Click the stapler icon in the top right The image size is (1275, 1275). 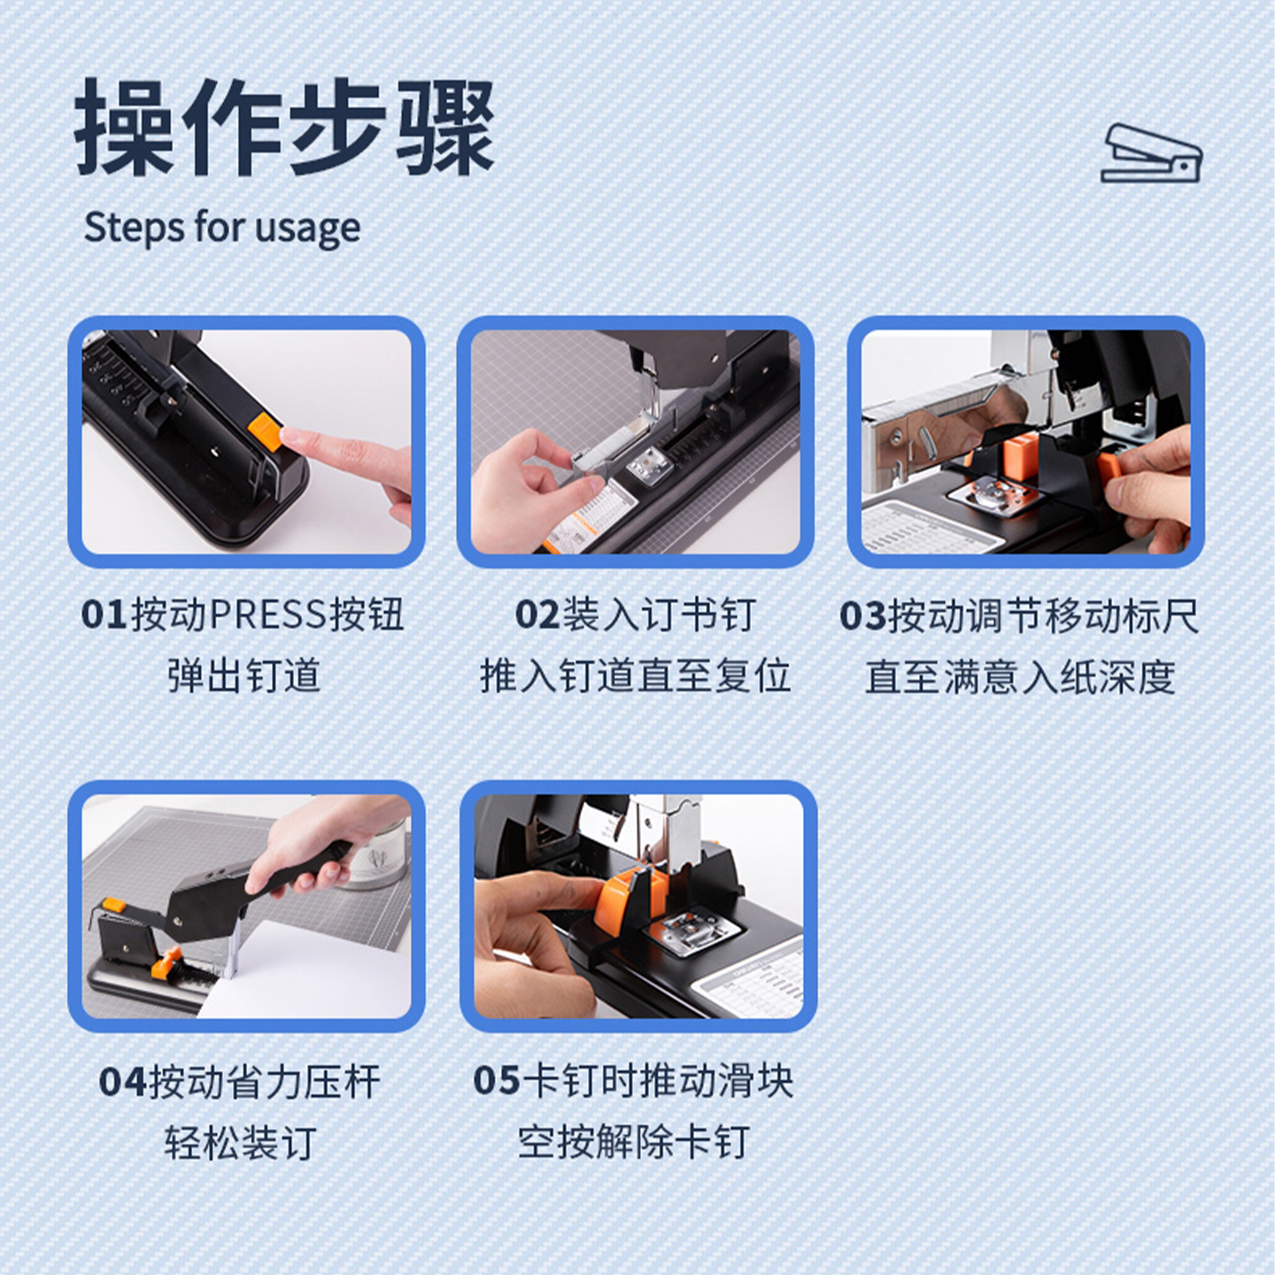coord(1151,153)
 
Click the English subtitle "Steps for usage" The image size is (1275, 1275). coord(222,228)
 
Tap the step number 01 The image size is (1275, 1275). coord(104,614)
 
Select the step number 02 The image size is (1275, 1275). coord(537,614)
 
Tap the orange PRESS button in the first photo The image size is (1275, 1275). coord(264,433)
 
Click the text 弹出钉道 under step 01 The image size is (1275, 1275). coord(244,676)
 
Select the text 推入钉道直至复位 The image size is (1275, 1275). coord(635,676)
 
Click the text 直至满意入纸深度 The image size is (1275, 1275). coord(1020,676)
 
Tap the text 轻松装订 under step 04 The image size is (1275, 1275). coord(240,1143)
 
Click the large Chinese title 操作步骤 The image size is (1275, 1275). coord(284,127)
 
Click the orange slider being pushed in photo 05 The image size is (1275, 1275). coord(624,900)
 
